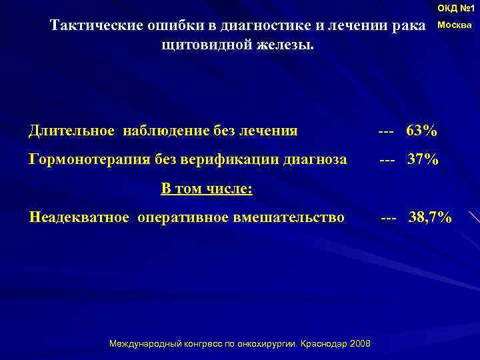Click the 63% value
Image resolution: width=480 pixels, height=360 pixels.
click(421, 130)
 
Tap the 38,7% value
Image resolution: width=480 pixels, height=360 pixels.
click(430, 217)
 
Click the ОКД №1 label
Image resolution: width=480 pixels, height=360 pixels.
click(456, 9)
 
